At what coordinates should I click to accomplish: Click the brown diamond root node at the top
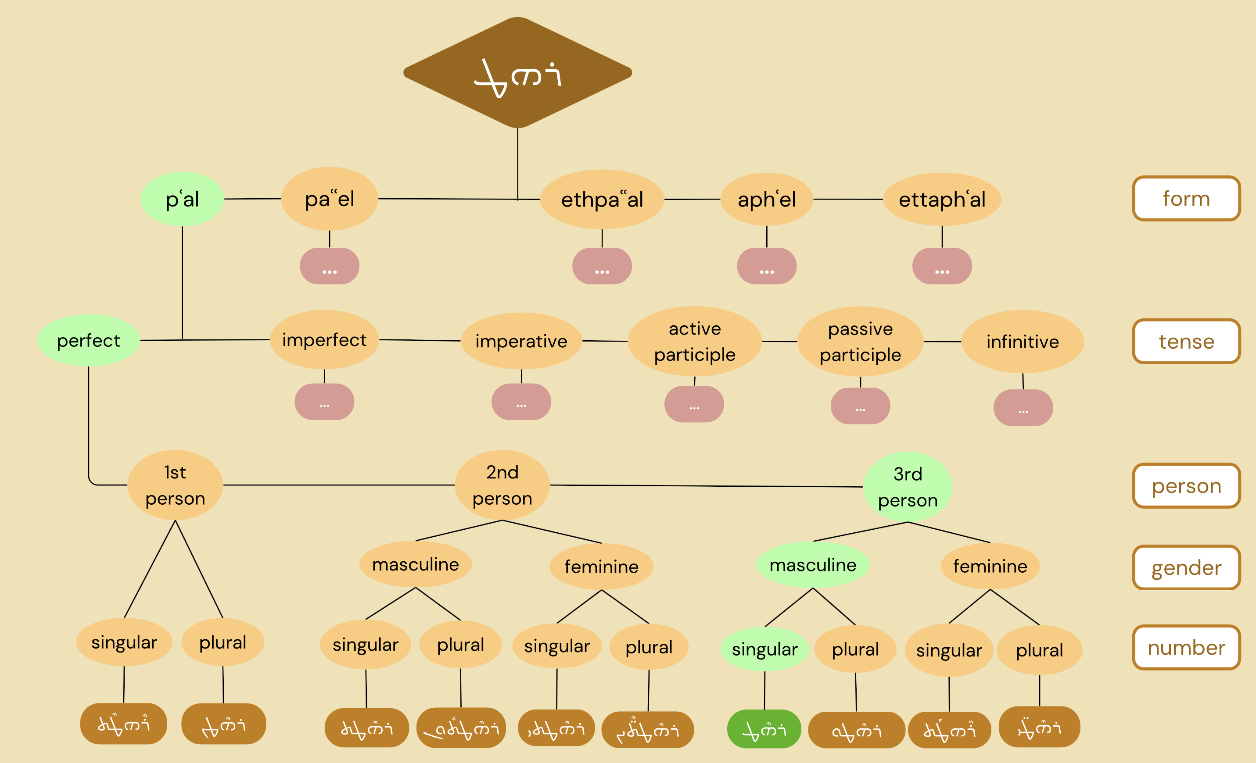(x=517, y=72)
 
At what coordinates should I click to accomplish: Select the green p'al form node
(x=182, y=199)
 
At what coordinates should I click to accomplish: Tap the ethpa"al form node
(x=602, y=199)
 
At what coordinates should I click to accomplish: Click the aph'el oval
(x=766, y=199)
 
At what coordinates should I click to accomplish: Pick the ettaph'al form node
(x=941, y=199)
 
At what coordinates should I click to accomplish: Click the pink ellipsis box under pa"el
(x=329, y=266)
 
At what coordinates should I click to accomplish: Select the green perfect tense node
(x=88, y=340)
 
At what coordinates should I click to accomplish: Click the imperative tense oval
(x=521, y=341)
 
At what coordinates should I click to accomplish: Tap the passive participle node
(x=860, y=341)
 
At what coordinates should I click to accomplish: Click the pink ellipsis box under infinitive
(x=1023, y=407)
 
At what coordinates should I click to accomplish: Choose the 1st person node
(x=175, y=485)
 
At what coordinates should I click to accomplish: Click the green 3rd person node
(x=908, y=487)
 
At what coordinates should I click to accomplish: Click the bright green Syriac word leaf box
(x=764, y=729)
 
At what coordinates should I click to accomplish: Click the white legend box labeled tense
(x=1186, y=341)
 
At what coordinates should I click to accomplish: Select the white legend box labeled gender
(x=1186, y=567)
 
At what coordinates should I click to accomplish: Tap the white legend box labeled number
(x=1186, y=647)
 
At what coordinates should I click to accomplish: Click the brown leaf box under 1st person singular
(x=123, y=723)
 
